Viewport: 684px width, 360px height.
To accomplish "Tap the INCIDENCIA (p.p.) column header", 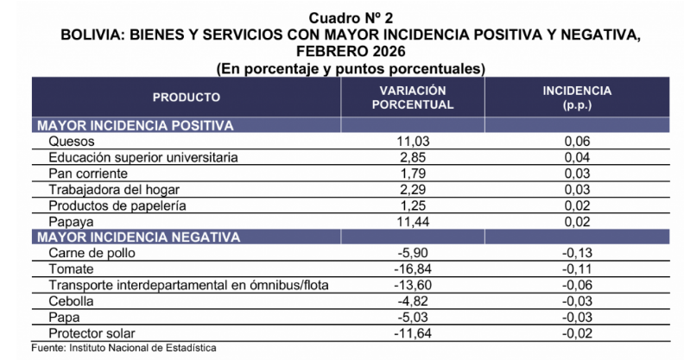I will click(576, 98).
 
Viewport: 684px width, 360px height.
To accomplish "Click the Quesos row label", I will click(71, 142).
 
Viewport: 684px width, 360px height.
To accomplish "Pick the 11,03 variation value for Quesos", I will click(412, 142).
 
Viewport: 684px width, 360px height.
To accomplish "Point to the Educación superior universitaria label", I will click(142, 158).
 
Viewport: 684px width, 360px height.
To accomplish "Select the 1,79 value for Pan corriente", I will click(412, 174).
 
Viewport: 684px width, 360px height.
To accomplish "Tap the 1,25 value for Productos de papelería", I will click(412, 205).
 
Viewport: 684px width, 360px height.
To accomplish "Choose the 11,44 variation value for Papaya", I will click(412, 221).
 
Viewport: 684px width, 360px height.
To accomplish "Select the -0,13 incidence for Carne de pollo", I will click(576, 253).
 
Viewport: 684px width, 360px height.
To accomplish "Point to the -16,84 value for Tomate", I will click(409, 268).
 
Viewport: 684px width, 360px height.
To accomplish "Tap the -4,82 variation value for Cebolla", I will click(411, 300).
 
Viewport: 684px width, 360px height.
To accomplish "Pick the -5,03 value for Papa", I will click(411, 316).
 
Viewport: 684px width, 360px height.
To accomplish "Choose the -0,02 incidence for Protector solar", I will click(576, 332).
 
